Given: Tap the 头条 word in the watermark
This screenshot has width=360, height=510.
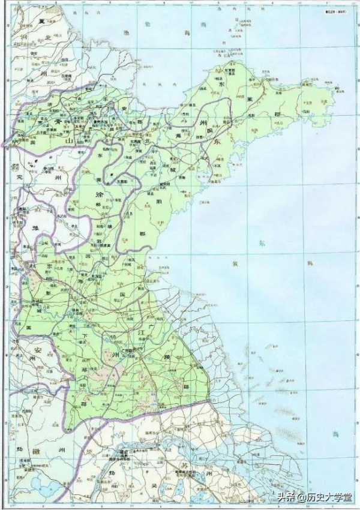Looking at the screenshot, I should [x=286, y=497].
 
